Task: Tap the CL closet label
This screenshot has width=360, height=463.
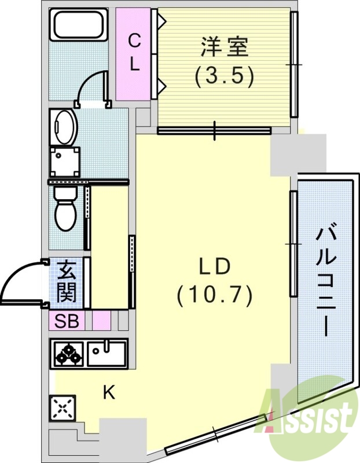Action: point(134,52)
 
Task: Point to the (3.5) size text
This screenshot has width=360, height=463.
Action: point(225,76)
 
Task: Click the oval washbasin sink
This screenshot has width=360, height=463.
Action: point(64,126)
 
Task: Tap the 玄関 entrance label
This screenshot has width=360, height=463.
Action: point(67,282)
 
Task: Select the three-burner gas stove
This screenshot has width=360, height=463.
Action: point(69,353)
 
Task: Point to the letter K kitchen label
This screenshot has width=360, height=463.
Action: point(109,393)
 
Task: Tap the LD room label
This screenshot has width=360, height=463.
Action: point(215,267)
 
